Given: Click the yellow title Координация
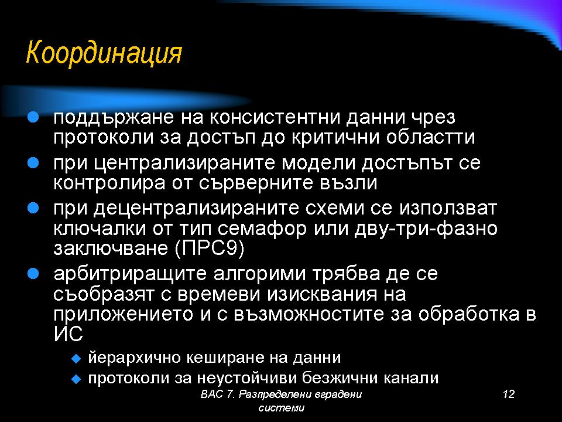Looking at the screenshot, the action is coord(104,53).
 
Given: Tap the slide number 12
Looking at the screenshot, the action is coord(509,394).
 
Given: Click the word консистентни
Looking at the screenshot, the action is coord(275,117).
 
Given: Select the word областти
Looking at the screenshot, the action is coord(430,137).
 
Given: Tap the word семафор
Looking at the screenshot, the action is coord(262,229).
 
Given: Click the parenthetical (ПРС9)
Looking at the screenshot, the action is coord(210,249).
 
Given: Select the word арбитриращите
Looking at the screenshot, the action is coord(130,274).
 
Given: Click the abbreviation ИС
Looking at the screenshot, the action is coord(68,333).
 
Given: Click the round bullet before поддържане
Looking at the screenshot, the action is coord(33,117).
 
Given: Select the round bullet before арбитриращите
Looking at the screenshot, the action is coord(33,274).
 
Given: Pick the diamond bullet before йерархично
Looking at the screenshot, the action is coord(77,358).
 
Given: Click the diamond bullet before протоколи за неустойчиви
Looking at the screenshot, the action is coord(77,378).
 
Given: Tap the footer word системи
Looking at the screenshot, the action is coord(282,408).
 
